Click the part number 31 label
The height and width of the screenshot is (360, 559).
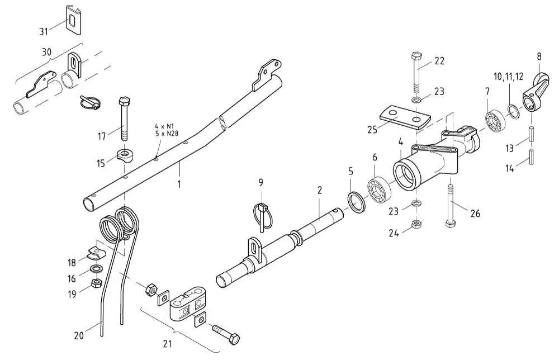[44, 30]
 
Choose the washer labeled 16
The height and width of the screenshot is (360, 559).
[96, 271]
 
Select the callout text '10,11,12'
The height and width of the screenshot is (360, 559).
[508, 76]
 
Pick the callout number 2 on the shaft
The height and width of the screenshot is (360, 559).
[319, 191]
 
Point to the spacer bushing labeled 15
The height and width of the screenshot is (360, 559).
[125, 155]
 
